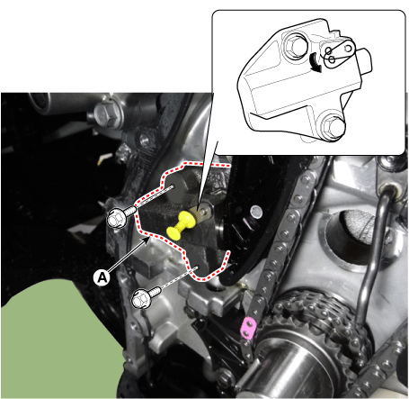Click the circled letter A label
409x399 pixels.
[x=102, y=277]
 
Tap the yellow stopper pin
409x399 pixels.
[x=181, y=225]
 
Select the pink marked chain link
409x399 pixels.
[x=249, y=329]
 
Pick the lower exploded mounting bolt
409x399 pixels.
[x=146, y=297]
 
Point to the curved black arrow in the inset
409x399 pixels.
[x=316, y=62]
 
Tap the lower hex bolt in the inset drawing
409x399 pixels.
[x=332, y=127]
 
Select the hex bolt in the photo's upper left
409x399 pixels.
[x=106, y=113]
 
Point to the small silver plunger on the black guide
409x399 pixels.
[x=256, y=212]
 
